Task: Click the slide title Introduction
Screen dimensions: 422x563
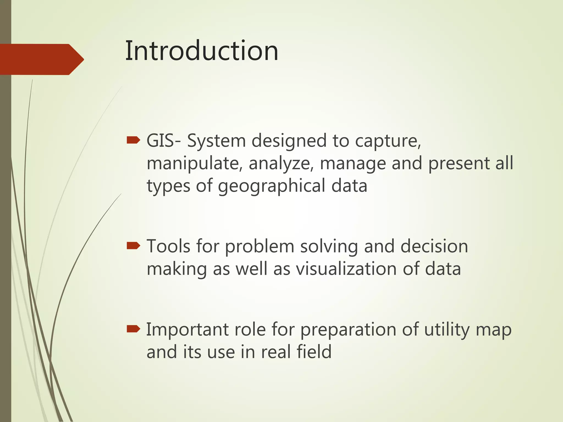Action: (202, 51)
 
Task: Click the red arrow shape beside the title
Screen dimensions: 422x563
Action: (41, 59)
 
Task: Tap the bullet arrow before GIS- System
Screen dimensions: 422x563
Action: (133, 141)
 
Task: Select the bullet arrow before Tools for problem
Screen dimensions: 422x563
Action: (133, 246)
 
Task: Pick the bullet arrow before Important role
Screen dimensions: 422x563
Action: (133, 329)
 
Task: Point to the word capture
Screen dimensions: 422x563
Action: (388, 141)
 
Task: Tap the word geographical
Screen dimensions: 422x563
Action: (272, 186)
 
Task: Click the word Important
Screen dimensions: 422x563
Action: (187, 329)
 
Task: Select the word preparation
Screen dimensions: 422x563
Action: (348, 330)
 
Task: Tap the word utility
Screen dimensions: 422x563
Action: (447, 330)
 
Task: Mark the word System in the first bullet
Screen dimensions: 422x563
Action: (216, 141)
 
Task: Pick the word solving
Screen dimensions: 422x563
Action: (329, 246)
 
